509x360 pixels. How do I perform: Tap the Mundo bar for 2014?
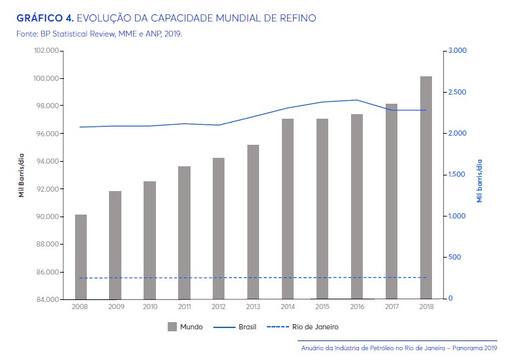[288, 209]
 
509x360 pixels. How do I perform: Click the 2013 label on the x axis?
[253, 306]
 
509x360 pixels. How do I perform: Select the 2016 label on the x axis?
[356, 306]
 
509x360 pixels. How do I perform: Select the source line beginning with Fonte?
[99, 33]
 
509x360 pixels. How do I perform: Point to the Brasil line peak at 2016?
[356, 100]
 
